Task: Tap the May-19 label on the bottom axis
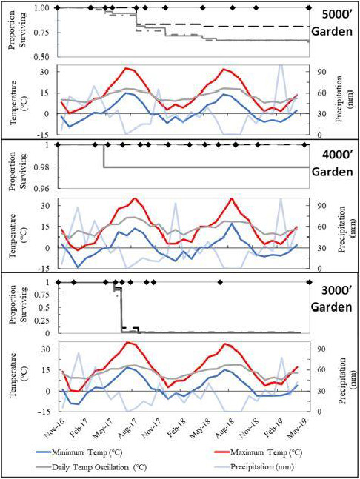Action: pos(301,424)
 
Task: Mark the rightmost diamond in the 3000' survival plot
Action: pos(309,282)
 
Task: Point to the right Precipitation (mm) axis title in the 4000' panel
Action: pos(347,237)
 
